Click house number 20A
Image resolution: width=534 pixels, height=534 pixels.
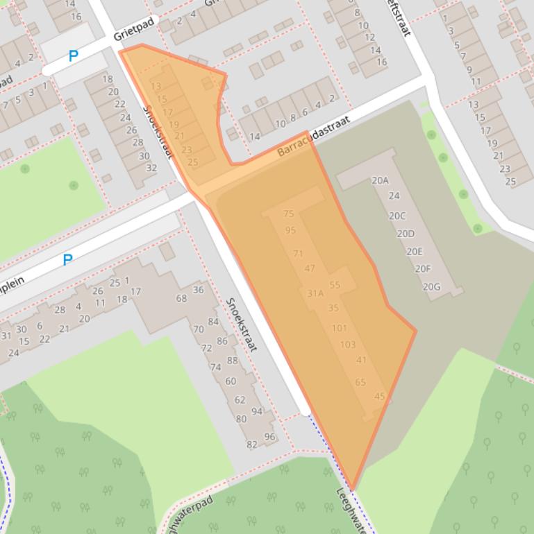tap(380, 180)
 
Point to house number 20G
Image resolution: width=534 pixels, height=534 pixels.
tap(431, 286)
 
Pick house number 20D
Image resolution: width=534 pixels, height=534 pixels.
tap(406, 234)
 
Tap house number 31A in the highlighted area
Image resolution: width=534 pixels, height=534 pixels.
tap(315, 293)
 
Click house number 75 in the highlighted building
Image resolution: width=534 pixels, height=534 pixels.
tap(289, 214)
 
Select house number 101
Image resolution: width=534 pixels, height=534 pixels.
tap(340, 328)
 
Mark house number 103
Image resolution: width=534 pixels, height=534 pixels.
tap(347, 345)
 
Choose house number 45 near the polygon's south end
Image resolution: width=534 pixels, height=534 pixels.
tap(379, 397)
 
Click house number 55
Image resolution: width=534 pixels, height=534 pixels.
tap(335, 285)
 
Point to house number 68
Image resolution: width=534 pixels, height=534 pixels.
tap(181, 298)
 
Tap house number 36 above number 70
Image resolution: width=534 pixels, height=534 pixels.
tap(199, 290)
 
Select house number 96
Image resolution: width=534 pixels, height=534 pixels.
tap(269, 437)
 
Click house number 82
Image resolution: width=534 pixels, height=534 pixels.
tap(251, 445)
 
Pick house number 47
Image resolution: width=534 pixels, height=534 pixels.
tap(310, 268)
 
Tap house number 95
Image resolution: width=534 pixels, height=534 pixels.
tap(290, 230)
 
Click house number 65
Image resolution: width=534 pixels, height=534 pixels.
tap(360, 382)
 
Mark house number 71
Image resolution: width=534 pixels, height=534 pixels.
tap(299, 253)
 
